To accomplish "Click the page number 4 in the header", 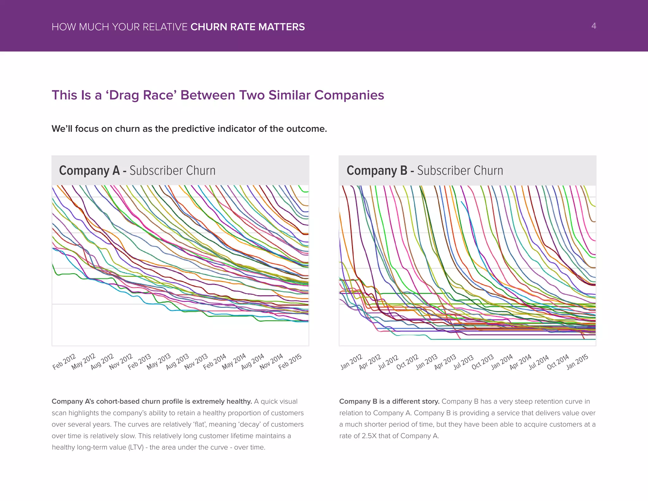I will (x=594, y=26).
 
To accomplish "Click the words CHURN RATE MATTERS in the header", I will (x=247, y=27).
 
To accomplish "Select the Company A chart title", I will (x=137, y=170).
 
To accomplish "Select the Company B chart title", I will (x=425, y=170).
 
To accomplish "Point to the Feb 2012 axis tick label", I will (x=64, y=362).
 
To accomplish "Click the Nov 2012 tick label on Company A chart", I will (x=121, y=362).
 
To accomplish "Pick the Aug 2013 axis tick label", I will (x=178, y=362).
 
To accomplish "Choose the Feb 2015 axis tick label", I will (x=290, y=362).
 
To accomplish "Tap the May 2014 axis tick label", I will (x=234, y=362).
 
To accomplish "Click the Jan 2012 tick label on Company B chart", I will (x=352, y=362).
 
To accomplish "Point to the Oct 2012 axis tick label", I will (x=408, y=362).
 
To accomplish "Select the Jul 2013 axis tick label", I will (x=464, y=362).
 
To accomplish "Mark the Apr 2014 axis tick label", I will (x=520, y=362).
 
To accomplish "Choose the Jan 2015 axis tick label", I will (x=577, y=362).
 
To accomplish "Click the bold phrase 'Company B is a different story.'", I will (x=389, y=402).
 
